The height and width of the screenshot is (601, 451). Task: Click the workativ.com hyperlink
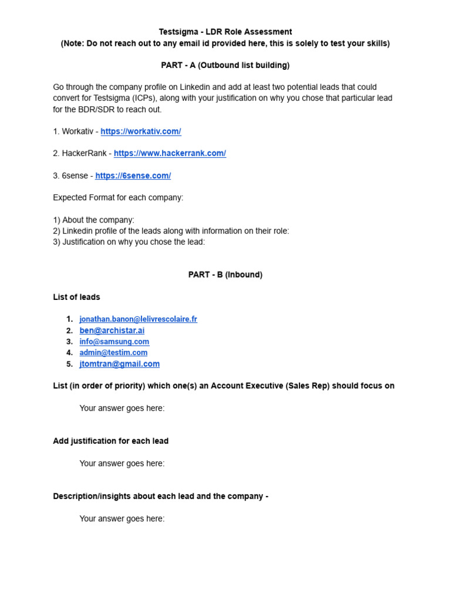click(x=140, y=131)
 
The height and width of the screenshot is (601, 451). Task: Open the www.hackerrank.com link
click(x=170, y=153)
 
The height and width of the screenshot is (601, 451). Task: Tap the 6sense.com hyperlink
click(x=133, y=175)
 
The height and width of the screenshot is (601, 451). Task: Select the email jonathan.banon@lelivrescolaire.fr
click(x=138, y=319)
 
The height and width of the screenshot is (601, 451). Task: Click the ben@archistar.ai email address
click(x=112, y=330)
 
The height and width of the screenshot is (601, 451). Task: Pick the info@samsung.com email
click(x=114, y=342)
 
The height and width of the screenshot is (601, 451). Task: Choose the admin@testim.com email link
click(x=113, y=353)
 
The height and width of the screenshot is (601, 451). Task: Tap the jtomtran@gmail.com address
click(x=119, y=364)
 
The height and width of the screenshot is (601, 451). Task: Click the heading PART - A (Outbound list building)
click(x=225, y=65)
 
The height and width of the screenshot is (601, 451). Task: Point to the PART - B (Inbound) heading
click(x=225, y=275)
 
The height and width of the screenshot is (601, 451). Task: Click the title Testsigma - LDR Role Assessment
click(x=225, y=32)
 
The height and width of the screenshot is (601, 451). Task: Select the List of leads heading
click(x=76, y=297)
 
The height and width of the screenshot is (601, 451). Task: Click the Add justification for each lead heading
click(x=110, y=441)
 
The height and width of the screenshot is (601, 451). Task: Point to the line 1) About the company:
click(x=93, y=220)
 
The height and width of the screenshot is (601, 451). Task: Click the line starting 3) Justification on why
click(x=129, y=242)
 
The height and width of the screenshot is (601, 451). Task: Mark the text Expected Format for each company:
click(x=118, y=197)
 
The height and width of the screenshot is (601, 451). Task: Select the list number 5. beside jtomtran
click(x=69, y=364)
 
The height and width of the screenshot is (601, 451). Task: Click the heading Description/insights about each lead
click(x=160, y=496)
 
